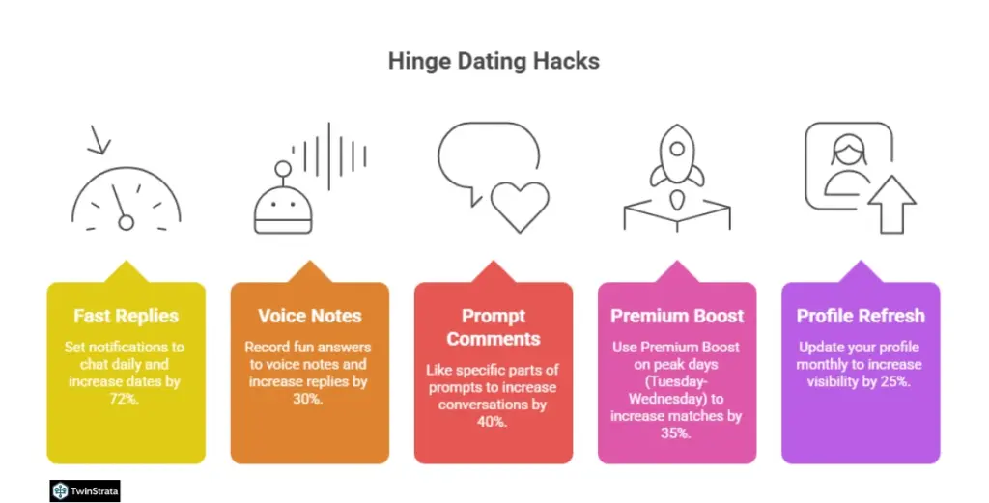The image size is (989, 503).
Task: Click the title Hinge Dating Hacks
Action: pos(494,61)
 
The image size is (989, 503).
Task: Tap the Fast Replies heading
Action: pos(126,316)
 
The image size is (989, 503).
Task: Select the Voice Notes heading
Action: pos(309,316)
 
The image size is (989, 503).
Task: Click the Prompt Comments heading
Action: pos(494,326)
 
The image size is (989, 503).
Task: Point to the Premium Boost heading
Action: pos(676,316)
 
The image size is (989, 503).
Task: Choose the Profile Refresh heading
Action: pos(860,316)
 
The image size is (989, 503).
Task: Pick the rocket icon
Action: pos(676,159)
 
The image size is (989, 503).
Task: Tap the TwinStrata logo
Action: pos(85,490)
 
